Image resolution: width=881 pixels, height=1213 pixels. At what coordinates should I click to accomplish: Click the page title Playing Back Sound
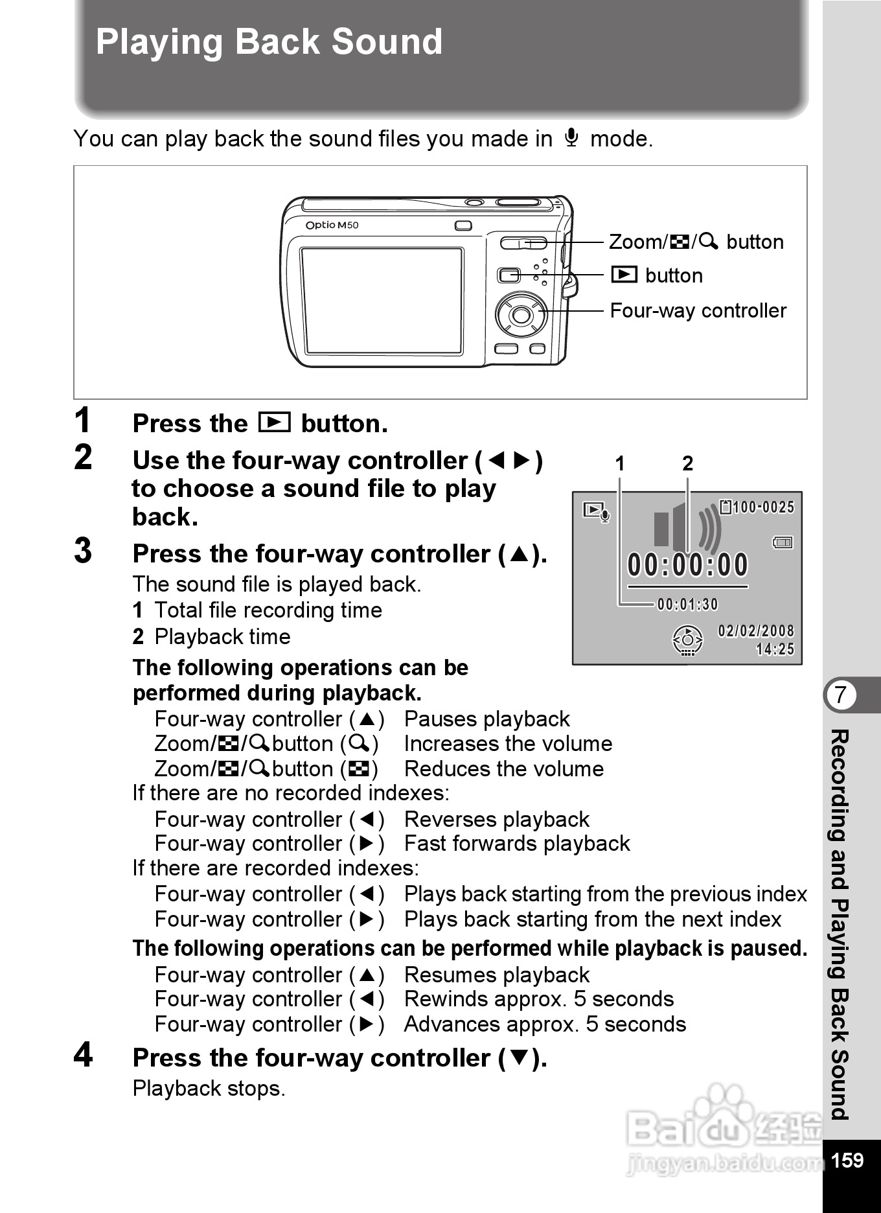[x=269, y=42]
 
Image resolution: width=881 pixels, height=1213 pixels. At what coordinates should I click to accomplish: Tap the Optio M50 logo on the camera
[x=332, y=225]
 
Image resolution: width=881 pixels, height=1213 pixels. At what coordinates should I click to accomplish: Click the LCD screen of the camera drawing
[x=382, y=301]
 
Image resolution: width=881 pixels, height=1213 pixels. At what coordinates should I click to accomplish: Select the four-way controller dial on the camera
[x=520, y=315]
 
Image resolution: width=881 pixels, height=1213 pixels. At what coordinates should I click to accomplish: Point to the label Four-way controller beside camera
[x=698, y=311]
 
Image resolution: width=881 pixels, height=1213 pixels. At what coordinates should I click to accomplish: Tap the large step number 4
[x=83, y=1055]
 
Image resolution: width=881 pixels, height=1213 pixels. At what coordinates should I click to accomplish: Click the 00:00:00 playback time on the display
[x=687, y=565]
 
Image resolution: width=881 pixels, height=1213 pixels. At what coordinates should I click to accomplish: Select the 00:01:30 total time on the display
[x=687, y=605]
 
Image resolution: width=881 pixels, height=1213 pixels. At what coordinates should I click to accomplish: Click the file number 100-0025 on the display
[x=763, y=507]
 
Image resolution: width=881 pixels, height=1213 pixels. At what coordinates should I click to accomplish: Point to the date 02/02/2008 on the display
[x=755, y=631]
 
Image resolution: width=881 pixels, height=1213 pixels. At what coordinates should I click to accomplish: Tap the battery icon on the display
[x=783, y=542]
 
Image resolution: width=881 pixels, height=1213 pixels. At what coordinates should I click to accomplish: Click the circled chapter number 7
[x=841, y=695]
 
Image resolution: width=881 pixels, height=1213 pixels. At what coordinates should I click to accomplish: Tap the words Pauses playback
[x=486, y=719]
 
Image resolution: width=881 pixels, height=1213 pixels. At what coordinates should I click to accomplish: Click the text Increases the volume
[x=508, y=744]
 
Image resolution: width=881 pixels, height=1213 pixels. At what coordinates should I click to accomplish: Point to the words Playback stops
[x=209, y=1089]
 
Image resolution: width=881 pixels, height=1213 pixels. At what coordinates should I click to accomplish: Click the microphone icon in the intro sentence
[x=571, y=138]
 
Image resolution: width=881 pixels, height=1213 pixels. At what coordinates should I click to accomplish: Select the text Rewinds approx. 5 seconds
[x=538, y=999]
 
